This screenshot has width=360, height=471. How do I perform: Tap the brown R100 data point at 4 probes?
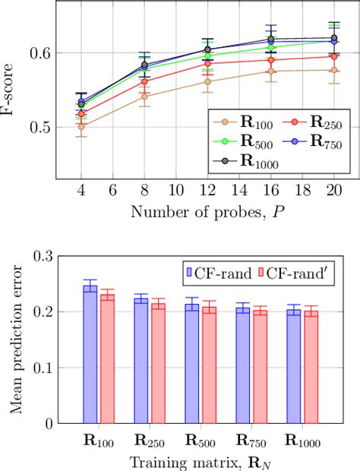click(x=81, y=126)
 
